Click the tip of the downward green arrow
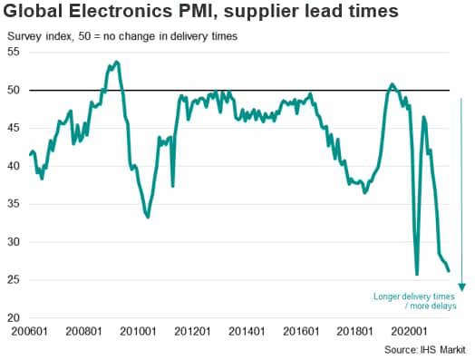point(460,290)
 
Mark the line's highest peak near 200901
point(116,62)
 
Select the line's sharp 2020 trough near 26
point(417,274)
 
